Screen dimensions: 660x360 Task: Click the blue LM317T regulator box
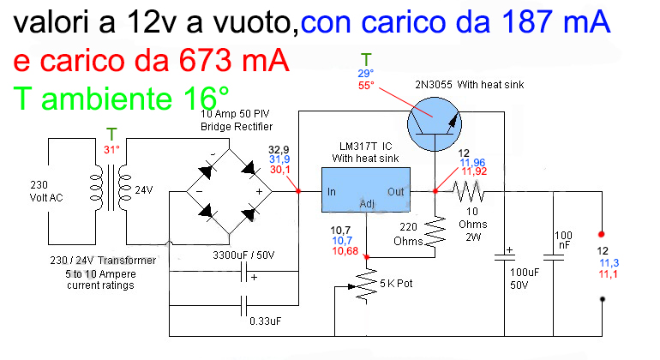click(366, 190)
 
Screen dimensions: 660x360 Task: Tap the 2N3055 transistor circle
click(435, 124)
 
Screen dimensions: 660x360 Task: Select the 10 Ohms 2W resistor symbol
click(469, 192)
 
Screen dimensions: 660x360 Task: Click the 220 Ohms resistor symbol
click(435, 231)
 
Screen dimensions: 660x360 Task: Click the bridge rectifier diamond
click(230, 192)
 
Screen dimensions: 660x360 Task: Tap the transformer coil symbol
click(111, 188)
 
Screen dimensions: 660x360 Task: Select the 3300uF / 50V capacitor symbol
click(243, 272)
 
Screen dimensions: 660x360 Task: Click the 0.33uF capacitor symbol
click(243, 305)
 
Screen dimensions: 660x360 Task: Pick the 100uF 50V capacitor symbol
click(504, 257)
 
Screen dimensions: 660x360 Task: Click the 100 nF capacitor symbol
click(554, 257)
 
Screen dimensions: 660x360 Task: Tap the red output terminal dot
click(602, 234)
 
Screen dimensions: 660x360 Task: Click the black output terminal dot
click(603, 299)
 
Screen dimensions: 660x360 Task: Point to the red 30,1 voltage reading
click(280, 169)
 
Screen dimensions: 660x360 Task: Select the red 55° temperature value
click(366, 86)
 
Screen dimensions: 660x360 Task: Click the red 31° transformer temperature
click(111, 149)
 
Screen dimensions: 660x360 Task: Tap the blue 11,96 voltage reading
click(472, 163)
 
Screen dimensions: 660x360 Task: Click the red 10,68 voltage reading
click(345, 251)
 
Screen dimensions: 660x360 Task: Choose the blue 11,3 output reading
click(609, 263)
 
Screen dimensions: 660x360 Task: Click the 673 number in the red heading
click(205, 60)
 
